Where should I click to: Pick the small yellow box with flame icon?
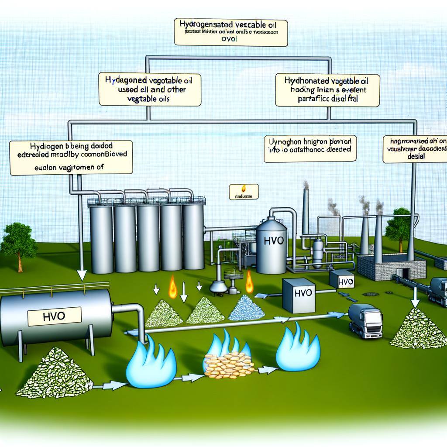[x=243, y=192]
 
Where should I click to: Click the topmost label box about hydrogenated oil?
[x=230, y=31]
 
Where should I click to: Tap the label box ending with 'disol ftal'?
[x=327, y=90]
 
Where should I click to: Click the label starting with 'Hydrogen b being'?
[x=71, y=157]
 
